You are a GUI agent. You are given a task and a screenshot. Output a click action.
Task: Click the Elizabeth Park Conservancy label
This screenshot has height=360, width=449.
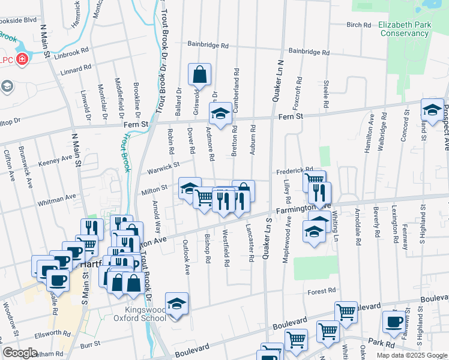pos(403,29)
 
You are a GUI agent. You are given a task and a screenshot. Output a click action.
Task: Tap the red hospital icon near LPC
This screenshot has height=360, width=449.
pos(22,59)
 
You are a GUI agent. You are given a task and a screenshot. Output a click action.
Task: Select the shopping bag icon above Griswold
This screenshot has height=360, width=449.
pos(199,75)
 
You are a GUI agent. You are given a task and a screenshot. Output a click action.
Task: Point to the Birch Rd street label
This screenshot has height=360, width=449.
pos(359,25)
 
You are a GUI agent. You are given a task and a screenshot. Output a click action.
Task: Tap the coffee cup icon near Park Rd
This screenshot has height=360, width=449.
pos(394,322)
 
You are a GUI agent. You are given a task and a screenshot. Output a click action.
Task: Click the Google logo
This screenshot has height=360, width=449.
pos(20,353)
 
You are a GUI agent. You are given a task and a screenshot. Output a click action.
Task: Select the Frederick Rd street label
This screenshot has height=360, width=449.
pos(295,170)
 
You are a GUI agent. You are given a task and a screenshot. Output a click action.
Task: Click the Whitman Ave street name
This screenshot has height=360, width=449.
pos(56,197)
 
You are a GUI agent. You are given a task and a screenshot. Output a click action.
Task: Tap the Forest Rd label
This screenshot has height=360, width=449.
pos(322,291)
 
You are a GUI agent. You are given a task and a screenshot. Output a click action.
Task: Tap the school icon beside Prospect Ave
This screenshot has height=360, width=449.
pos(432,109)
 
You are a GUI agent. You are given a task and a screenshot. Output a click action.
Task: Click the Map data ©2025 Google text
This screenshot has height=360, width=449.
pos(411,355)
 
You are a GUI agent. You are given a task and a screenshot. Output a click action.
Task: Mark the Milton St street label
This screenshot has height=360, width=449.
pos(154,188)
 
